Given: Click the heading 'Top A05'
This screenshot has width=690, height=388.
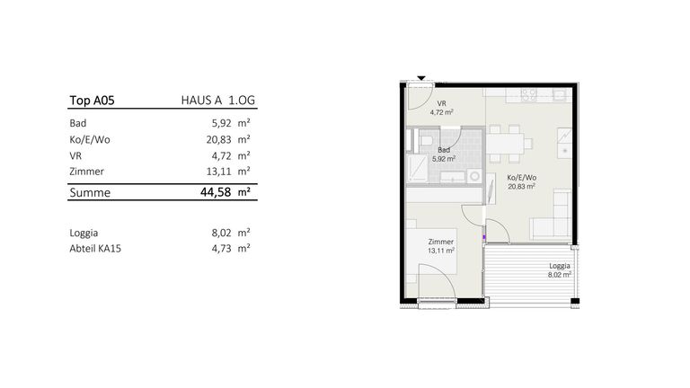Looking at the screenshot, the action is tap(92, 101).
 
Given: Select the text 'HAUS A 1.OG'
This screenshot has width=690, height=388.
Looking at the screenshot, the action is tap(217, 101).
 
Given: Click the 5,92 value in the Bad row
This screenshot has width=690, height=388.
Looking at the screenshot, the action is tap(221, 123).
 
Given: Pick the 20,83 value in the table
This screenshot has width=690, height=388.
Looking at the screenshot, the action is tap(218, 139).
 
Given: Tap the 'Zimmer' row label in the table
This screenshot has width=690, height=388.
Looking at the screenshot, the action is tap(86, 172).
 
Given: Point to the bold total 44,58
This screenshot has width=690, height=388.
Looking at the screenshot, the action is tap(216, 192).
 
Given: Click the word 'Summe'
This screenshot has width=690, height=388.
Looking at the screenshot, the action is tap(90, 193).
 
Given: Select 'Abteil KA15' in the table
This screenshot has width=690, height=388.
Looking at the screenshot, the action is tap(95, 249).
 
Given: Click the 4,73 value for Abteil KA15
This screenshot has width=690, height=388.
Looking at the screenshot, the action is tap(221, 249).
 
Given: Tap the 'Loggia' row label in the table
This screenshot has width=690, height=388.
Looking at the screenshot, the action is tap(84, 233).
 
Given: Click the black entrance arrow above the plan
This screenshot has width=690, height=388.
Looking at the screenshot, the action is tap(421, 78).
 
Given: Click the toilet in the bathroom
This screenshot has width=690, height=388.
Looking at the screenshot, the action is tap(426, 141).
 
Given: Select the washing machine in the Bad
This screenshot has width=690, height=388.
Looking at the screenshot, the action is tap(474, 176).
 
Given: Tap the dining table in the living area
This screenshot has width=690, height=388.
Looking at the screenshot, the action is tap(505, 144).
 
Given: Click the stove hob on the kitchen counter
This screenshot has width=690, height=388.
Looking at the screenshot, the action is tap(528, 94).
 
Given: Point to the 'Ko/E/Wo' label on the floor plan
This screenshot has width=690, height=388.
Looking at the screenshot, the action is tap(521, 178).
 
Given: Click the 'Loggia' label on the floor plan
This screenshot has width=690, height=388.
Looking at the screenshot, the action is tap(560, 266).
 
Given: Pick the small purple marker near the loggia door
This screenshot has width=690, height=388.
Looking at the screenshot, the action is tap(484, 237).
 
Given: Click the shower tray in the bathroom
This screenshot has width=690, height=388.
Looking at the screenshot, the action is tap(418, 168).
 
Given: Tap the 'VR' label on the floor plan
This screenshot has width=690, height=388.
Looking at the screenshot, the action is tap(441, 104).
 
